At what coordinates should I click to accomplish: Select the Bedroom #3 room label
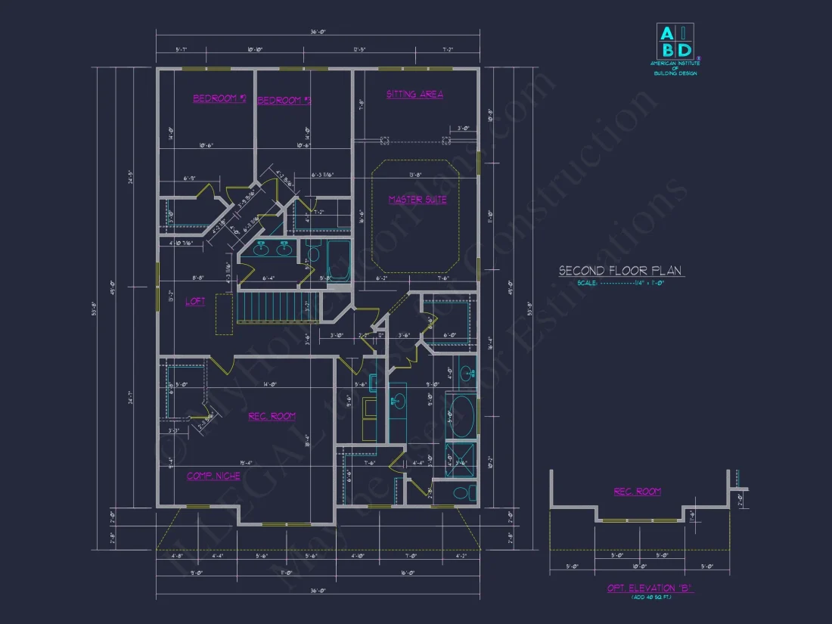point(284,100)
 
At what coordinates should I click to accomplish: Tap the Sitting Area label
point(414,95)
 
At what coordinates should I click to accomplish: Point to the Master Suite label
point(418,200)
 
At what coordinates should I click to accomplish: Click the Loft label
point(195,301)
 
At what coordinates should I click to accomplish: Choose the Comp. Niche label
point(214,476)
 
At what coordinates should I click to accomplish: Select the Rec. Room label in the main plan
point(272,416)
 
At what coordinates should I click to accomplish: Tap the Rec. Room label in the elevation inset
point(637,492)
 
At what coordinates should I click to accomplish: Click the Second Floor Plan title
point(622,271)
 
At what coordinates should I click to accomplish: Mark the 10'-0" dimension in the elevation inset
point(639,566)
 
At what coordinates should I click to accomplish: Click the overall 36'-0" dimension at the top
point(318,32)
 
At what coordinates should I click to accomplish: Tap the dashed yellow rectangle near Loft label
point(225,314)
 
